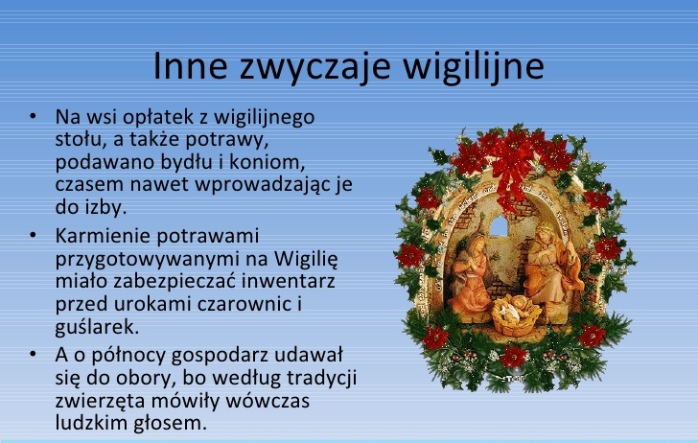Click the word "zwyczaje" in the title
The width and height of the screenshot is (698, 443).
pos(314,67)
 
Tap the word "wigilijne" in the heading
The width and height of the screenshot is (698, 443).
pos(474,67)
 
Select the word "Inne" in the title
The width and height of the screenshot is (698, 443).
pos(190,65)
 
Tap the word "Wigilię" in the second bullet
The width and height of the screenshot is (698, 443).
pos(306,260)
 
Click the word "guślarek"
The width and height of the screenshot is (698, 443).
pos(97,327)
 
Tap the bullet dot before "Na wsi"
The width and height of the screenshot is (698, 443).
pos(33,116)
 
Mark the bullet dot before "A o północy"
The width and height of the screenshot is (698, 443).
pos(33,355)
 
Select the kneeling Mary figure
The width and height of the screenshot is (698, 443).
pos(469,274)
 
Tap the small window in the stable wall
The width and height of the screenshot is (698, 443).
pos(499,226)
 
